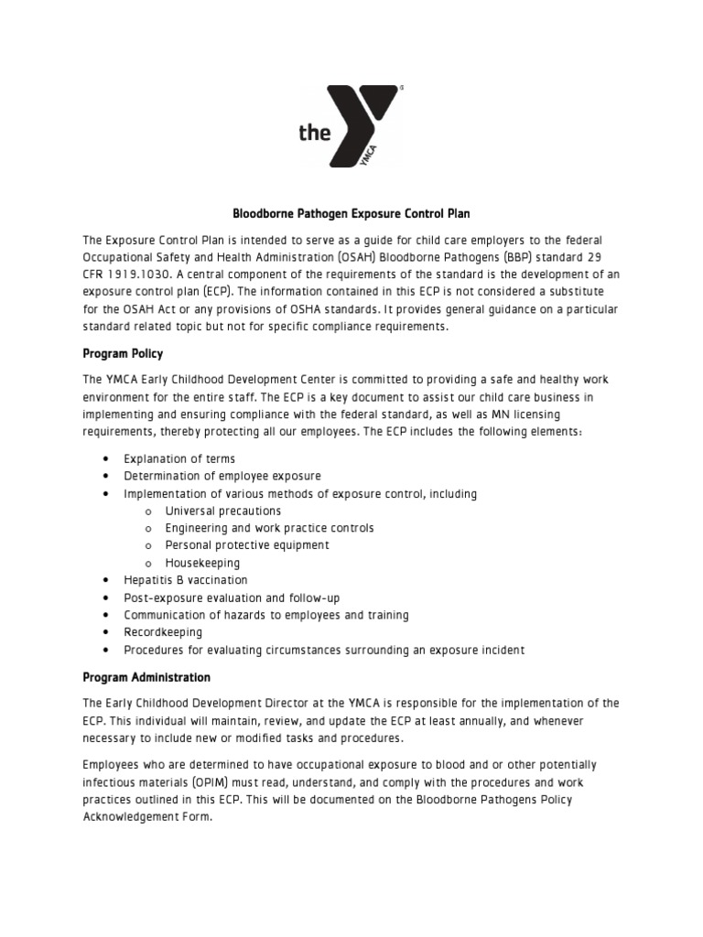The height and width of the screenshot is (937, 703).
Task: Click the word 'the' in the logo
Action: tap(314, 133)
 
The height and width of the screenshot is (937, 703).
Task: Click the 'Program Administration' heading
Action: tap(146, 678)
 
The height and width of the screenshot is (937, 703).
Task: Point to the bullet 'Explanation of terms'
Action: tap(179, 458)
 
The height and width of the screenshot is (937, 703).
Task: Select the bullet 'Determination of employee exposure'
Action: tap(222, 476)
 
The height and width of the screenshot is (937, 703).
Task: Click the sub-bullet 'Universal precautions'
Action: tap(222, 511)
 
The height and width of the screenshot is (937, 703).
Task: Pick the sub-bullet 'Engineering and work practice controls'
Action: tap(269, 528)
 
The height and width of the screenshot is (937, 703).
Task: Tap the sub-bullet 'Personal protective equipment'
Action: tap(247, 545)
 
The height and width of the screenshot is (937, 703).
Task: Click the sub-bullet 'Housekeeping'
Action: tap(202, 563)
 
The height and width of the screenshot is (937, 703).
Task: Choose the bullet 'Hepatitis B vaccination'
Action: tap(186, 580)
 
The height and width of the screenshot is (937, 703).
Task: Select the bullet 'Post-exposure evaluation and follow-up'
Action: tap(232, 598)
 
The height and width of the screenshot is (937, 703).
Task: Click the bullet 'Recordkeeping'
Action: tap(164, 632)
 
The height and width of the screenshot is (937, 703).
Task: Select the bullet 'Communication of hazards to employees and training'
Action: tap(266, 615)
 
